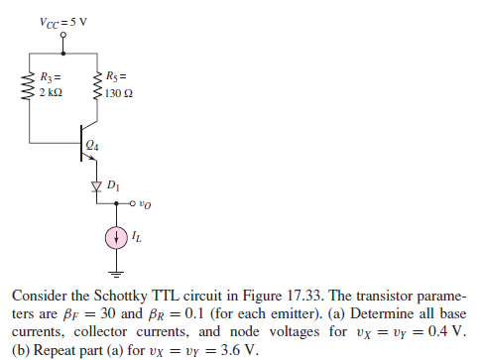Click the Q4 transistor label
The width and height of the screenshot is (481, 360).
(x=93, y=145)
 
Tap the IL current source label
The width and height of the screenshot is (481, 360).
(x=136, y=239)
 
